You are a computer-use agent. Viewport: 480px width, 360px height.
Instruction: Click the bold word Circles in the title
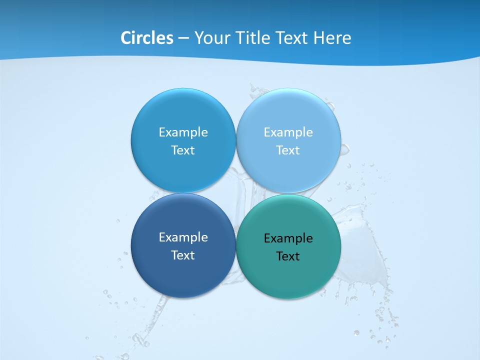[x=147, y=38]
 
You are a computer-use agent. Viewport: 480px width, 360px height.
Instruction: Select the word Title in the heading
[x=253, y=38]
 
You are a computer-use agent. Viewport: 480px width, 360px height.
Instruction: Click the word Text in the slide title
[x=293, y=38]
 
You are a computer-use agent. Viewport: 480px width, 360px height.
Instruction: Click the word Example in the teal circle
[x=288, y=238]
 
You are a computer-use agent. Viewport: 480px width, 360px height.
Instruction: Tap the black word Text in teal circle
[x=288, y=256]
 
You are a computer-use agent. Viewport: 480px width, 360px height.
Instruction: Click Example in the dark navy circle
[x=183, y=237]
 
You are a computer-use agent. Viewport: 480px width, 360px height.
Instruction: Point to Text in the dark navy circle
[x=183, y=255]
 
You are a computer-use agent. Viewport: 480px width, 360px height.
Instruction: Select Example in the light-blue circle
[x=288, y=132]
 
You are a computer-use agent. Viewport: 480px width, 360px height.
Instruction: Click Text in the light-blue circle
[x=288, y=150]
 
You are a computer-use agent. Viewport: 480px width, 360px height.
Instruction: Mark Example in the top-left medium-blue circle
[x=183, y=132]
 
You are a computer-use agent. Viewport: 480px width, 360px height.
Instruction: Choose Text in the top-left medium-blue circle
[x=183, y=150]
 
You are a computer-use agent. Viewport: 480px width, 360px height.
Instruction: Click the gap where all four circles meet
[x=236, y=193]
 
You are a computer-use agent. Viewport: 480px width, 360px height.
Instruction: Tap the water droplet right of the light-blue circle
[x=345, y=149]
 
